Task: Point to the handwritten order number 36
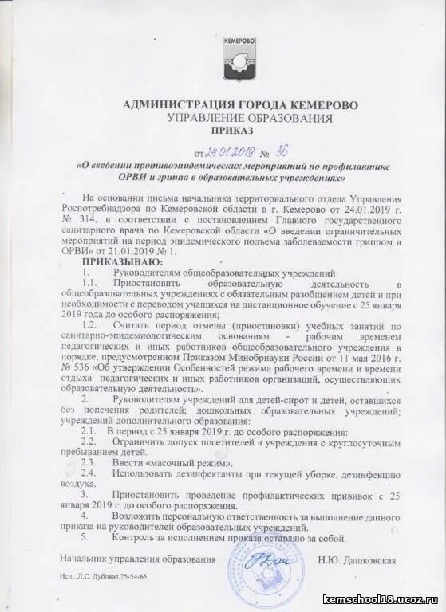(283, 151)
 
